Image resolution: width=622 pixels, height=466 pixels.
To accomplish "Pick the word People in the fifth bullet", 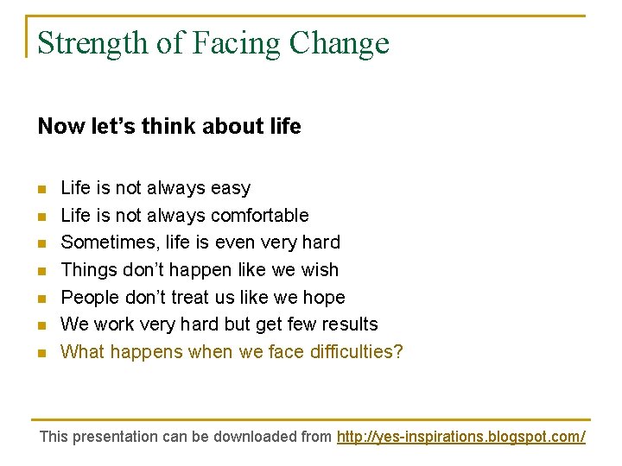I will pyautogui.click(x=90, y=298).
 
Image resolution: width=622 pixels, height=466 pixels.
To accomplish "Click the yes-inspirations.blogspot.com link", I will pyautogui.click(x=460, y=437).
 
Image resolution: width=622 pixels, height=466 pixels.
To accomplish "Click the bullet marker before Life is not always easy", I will pyautogui.click(x=41, y=189).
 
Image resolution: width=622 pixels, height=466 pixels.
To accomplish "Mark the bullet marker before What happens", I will pyautogui.click(x=41, y=353).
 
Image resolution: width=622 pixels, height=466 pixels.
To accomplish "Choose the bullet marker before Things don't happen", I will pyautogui.click(x=41, y=271).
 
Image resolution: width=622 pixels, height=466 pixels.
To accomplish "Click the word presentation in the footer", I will pyautogui.click(x=116, y=437).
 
